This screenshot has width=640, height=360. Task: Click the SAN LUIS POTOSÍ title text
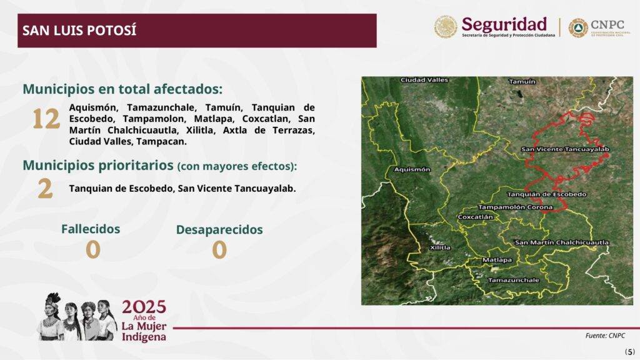79,31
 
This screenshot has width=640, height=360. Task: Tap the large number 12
46,119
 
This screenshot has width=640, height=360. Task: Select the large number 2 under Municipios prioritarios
45,189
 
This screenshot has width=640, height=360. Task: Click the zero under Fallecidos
93,250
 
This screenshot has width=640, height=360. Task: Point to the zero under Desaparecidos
219,250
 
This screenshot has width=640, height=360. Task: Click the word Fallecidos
91,229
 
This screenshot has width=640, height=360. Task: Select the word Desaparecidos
219,230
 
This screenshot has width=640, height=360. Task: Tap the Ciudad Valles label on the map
424,80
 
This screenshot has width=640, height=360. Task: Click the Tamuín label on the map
522,82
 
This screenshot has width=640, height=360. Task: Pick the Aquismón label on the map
412,169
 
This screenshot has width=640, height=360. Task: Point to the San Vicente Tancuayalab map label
565,149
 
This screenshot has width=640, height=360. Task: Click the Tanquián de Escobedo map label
546,195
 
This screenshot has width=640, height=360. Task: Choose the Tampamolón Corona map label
516,207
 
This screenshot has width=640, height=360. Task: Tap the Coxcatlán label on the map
476,217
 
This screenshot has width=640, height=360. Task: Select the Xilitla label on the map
441,247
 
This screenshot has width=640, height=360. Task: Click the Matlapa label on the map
497,260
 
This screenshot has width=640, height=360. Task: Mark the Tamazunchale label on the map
514,281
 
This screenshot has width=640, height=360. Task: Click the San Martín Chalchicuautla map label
562,242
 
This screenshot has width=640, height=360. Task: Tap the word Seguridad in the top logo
504,24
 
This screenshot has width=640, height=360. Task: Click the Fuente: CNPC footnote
605,336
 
